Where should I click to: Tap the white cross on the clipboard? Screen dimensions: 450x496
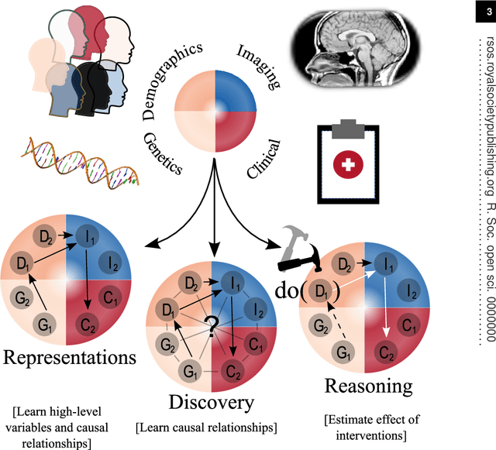(x=350, y=164)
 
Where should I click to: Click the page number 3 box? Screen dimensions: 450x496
(x=485, y=11)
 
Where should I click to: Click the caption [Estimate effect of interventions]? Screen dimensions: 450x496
(x=370, y=428)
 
